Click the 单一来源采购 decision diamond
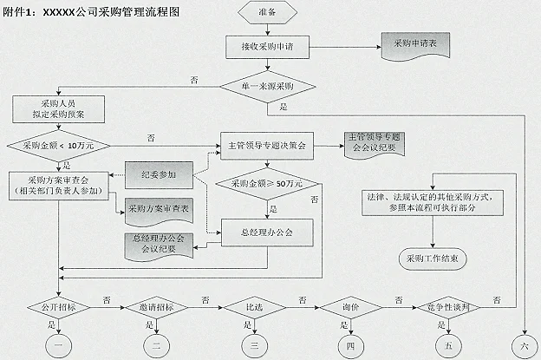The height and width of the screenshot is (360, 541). [270, 87]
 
